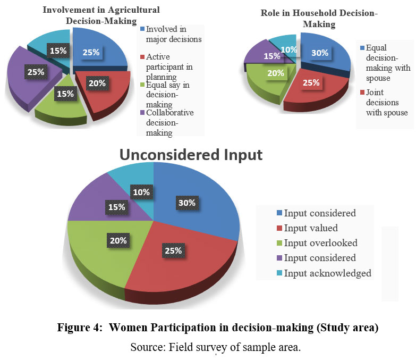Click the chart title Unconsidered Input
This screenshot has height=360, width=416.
click(191, 154)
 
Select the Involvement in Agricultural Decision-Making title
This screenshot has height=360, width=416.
click(101, 15)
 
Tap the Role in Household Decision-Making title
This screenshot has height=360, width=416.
click(319, 19)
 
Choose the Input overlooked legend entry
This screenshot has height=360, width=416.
click(320, 243)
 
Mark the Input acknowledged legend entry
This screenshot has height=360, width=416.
click(327, 273)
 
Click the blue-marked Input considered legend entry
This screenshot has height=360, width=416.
click(319, 213)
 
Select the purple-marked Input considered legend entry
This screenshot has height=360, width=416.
click(319, 258)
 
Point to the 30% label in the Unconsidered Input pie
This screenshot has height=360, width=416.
click(187, 203)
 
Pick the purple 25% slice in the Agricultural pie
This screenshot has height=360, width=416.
click(21, 80)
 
